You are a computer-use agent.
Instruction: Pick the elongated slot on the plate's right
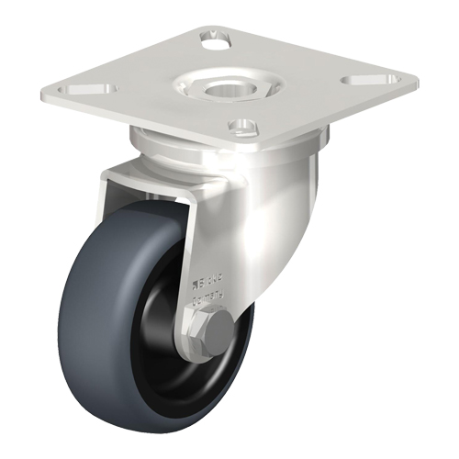coord(362,80)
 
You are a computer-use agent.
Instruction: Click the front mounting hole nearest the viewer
coord(241,125)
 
